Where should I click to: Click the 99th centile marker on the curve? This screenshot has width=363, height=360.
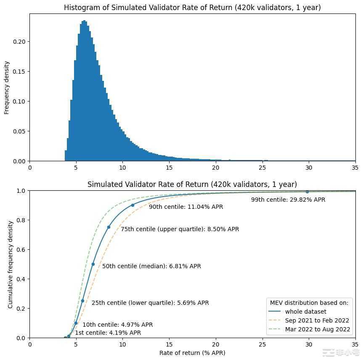pos(307,192)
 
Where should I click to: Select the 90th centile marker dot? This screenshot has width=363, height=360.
pos(132,205)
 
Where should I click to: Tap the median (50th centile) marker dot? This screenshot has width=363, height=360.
pos(93,264)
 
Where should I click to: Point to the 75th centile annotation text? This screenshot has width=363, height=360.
pos(180,229)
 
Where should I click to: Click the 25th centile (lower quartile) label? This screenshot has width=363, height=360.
pos(150,303)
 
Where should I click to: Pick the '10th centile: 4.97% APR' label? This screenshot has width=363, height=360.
pos(117,325)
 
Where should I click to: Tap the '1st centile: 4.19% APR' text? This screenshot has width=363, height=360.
pos(108,333)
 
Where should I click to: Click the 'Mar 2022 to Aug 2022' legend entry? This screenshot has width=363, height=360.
pos(317,329)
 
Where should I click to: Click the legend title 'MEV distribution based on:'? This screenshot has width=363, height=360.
pos(309,302)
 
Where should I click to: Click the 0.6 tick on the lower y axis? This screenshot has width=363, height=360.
pos(22,250)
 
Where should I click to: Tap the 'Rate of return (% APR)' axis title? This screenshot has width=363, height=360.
pos(192,352)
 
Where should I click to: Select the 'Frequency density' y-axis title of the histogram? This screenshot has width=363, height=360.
pos(7,88)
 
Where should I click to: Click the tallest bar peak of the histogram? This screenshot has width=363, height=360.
pos(85,21)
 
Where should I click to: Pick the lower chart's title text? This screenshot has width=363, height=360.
pos(192,184)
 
